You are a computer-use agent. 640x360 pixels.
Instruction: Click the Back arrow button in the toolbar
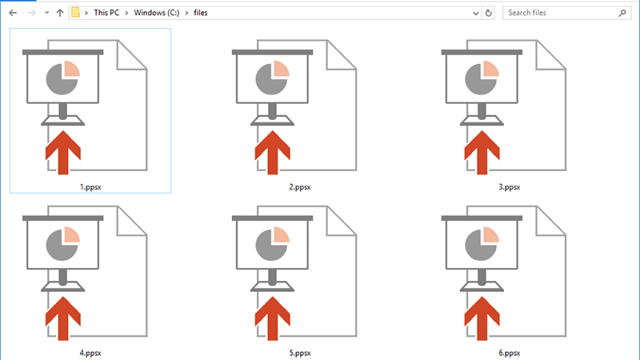point(12,13)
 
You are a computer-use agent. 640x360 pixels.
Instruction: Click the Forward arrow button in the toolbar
point(30,13)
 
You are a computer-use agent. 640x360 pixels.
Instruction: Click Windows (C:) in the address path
point(162,13)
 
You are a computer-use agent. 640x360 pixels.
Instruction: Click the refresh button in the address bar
point(488,13)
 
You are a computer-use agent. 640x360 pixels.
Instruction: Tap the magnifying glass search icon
point(622,13)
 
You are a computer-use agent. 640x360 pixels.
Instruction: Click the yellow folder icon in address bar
point(75,13)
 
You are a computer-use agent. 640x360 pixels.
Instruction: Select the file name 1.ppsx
point(90,187)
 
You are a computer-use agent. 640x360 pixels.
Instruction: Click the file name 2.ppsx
point(300,187)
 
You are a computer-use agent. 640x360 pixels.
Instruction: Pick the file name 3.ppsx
point(510,187)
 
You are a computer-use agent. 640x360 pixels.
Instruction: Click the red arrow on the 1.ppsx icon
point(62,152)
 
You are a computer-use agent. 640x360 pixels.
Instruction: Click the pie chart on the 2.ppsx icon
point(272,78)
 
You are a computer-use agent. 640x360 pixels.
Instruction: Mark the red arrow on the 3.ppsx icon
point(482,152)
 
